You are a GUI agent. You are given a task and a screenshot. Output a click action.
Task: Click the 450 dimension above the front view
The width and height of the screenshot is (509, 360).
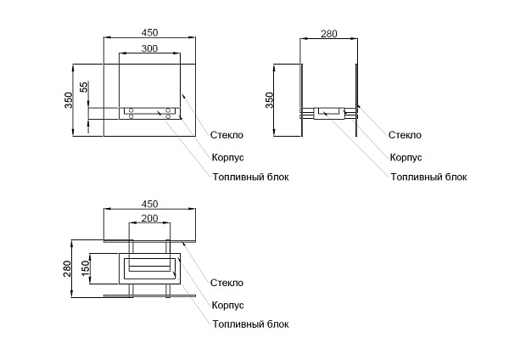pos(149,32)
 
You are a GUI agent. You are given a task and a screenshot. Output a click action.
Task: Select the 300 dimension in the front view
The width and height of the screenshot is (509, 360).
pos(149,48)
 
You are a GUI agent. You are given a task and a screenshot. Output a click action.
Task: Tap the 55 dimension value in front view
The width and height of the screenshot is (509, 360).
pos(84,87)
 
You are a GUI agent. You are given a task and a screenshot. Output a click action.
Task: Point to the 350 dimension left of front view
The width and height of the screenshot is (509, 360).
pos(69,99)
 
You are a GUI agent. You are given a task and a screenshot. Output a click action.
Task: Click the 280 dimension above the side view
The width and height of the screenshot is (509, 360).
pos(329,34)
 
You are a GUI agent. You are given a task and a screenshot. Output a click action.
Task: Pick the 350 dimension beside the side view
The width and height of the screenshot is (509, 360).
pos(270,99)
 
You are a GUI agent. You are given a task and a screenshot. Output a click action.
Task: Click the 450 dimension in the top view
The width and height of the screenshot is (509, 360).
pos(149,204)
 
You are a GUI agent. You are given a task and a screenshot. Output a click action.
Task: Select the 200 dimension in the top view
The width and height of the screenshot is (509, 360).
pos(149,218)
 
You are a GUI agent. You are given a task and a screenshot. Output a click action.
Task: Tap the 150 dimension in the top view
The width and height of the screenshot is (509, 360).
pos(85,268)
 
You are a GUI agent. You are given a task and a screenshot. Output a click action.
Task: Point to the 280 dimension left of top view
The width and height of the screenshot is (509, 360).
pos(69,268)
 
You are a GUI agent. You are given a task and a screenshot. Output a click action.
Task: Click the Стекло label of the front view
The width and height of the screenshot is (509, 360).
pos(227,135)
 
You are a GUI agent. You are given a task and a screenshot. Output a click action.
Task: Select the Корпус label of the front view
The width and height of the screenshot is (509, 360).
pos(227,157)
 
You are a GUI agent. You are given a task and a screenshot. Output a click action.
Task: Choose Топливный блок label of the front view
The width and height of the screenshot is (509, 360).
pos(250,177)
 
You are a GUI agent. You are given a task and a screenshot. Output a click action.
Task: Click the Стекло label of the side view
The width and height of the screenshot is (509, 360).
pos(405,135)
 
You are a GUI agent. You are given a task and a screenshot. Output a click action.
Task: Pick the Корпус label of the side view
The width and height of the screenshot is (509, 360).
pos(406,157)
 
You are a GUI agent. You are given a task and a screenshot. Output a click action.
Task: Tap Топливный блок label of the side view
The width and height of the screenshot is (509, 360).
pos(428,177)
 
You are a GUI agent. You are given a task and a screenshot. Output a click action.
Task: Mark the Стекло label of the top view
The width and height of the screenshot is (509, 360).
pos(227,283)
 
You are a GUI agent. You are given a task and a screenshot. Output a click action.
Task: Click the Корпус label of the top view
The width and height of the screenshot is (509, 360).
pos(227,305)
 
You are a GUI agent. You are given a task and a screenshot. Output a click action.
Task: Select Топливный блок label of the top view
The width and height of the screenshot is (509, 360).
pos(250,324)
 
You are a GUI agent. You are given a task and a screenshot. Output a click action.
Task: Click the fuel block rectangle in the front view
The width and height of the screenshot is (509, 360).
pos(149,111)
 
